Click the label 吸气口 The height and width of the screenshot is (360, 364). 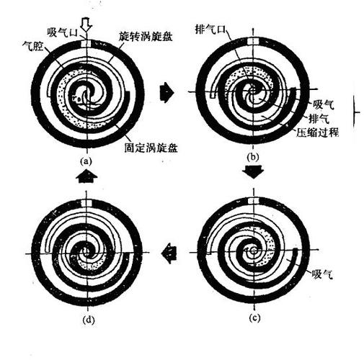tap(62, 32)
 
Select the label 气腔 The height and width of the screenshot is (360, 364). tap(32, 46)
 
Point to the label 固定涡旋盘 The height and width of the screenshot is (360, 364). tap(151, 148)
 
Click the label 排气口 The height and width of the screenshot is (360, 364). tap(211, 30)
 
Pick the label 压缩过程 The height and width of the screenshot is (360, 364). tap(317, 132)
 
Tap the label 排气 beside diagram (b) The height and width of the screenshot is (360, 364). tap(319, 118)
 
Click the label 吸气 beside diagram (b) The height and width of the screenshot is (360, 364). tap(323, 104)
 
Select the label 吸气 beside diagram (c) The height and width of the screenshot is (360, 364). tap(322, 274)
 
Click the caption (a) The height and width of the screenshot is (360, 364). tap(86, 161)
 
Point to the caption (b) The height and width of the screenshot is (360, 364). tap(253, 157)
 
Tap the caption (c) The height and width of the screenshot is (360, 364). tap(254, 318)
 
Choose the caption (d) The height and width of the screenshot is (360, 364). tap(88, 320)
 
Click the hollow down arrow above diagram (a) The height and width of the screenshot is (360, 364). tap(86, 24)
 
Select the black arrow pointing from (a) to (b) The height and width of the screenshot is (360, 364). tap(167, 92)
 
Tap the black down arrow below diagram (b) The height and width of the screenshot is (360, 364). tap(253, 171)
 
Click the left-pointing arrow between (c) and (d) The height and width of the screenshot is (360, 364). tap(169, 253)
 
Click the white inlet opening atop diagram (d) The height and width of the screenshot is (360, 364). tap(86, 203)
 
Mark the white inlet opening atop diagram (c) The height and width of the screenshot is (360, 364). tap(254, 202)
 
